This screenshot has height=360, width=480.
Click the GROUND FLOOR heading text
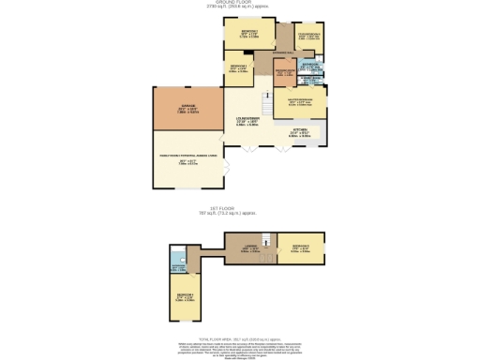coord(239,4)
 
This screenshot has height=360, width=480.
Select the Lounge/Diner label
coord(247,121)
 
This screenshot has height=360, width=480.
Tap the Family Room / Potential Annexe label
coord(187,160)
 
